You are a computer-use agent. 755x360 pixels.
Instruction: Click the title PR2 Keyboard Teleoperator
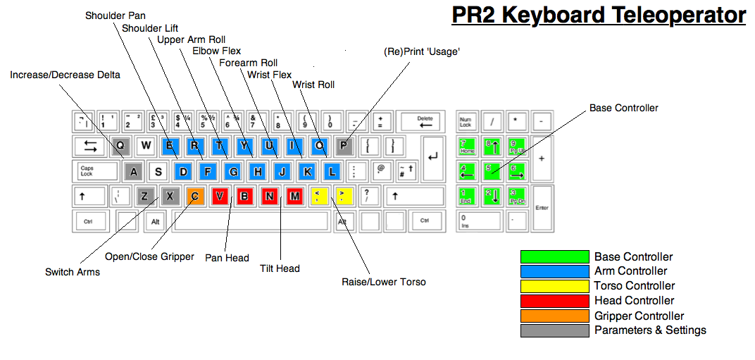pos(598,15)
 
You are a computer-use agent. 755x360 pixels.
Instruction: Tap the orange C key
pos(195,196)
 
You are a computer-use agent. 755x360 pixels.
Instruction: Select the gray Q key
pos(120,146)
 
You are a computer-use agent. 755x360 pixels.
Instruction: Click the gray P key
pos(344,146)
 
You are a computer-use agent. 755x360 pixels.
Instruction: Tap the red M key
pos(294,196)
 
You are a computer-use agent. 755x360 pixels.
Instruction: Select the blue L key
pos(332,170)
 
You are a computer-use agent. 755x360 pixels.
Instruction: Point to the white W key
pos(146,146)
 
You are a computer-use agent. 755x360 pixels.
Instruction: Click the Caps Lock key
pos(96,170)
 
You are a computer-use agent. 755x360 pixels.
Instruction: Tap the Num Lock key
pos(467,122)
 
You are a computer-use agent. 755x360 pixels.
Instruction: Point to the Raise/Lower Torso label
pos(384,282)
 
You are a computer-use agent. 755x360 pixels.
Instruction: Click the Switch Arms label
pos(73,272)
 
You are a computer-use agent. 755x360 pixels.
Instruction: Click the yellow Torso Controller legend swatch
pos(554,286)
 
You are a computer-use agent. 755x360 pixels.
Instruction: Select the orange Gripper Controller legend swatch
pos(554,316)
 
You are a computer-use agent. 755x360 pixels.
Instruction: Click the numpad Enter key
pos(542,208)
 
